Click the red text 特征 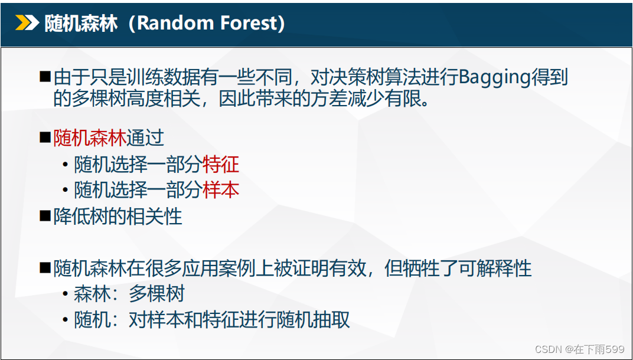(x=221, y=165)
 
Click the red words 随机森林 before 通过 (x=90, y=139)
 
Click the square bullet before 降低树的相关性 (x=45, y=217)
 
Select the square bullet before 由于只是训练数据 (x=45, y=77)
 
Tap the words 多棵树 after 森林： (x=156, y=294)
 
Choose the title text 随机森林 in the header (x=81, y=24)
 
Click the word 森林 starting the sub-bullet (x=92, y=294)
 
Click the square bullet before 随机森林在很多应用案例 (x=45, y=267)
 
